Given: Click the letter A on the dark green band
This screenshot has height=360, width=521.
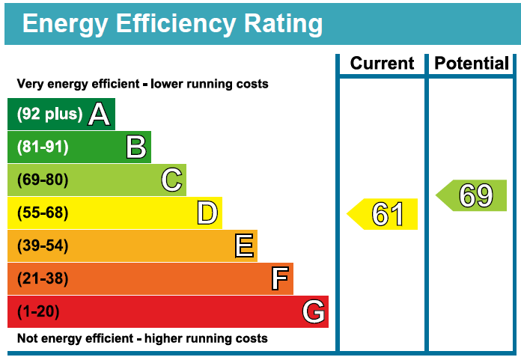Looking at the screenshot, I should (100, 115).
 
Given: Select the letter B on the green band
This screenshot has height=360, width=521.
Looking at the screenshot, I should (135, 147).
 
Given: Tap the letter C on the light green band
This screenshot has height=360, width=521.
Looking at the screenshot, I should (171, 180).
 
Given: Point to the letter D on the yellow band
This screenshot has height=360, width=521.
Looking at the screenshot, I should (207, 213).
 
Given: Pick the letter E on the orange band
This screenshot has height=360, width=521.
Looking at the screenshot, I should (243, 246).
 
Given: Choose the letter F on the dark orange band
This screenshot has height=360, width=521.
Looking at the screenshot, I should (279, 279).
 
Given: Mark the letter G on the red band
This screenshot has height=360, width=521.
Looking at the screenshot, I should (314, 312).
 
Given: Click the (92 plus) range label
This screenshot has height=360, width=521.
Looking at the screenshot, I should (49, 115).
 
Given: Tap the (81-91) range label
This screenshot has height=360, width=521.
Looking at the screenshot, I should (43, 147).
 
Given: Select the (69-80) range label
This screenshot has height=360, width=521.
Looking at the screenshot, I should (43, 180).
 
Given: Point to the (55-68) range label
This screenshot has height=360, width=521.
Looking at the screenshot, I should (43, 213).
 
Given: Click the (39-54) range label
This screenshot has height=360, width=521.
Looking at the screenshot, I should (43, 246).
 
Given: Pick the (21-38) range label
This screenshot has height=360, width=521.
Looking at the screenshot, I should (43, 279).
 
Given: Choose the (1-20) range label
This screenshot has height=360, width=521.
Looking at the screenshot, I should (38, 312).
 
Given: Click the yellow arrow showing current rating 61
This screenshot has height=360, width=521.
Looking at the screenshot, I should (383, 214).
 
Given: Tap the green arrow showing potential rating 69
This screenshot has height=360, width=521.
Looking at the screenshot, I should (472, 195).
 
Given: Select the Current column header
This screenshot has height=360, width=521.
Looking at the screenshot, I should (382, 64).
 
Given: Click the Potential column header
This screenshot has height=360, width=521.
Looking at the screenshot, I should (472, 64).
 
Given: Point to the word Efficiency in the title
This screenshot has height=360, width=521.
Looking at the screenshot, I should (177, 24).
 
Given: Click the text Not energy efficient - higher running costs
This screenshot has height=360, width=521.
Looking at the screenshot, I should (142, 339).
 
